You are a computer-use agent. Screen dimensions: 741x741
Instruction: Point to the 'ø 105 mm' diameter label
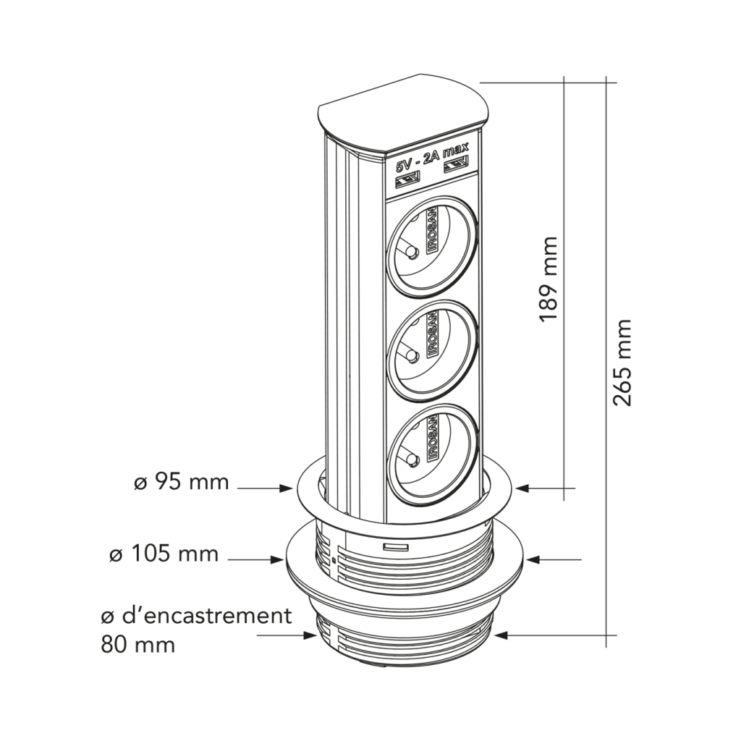[x=163, y=554]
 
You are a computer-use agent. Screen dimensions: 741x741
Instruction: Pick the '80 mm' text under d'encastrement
[x=137, y=643]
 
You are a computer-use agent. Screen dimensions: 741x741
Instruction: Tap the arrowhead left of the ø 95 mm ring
[x=287, y=490]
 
